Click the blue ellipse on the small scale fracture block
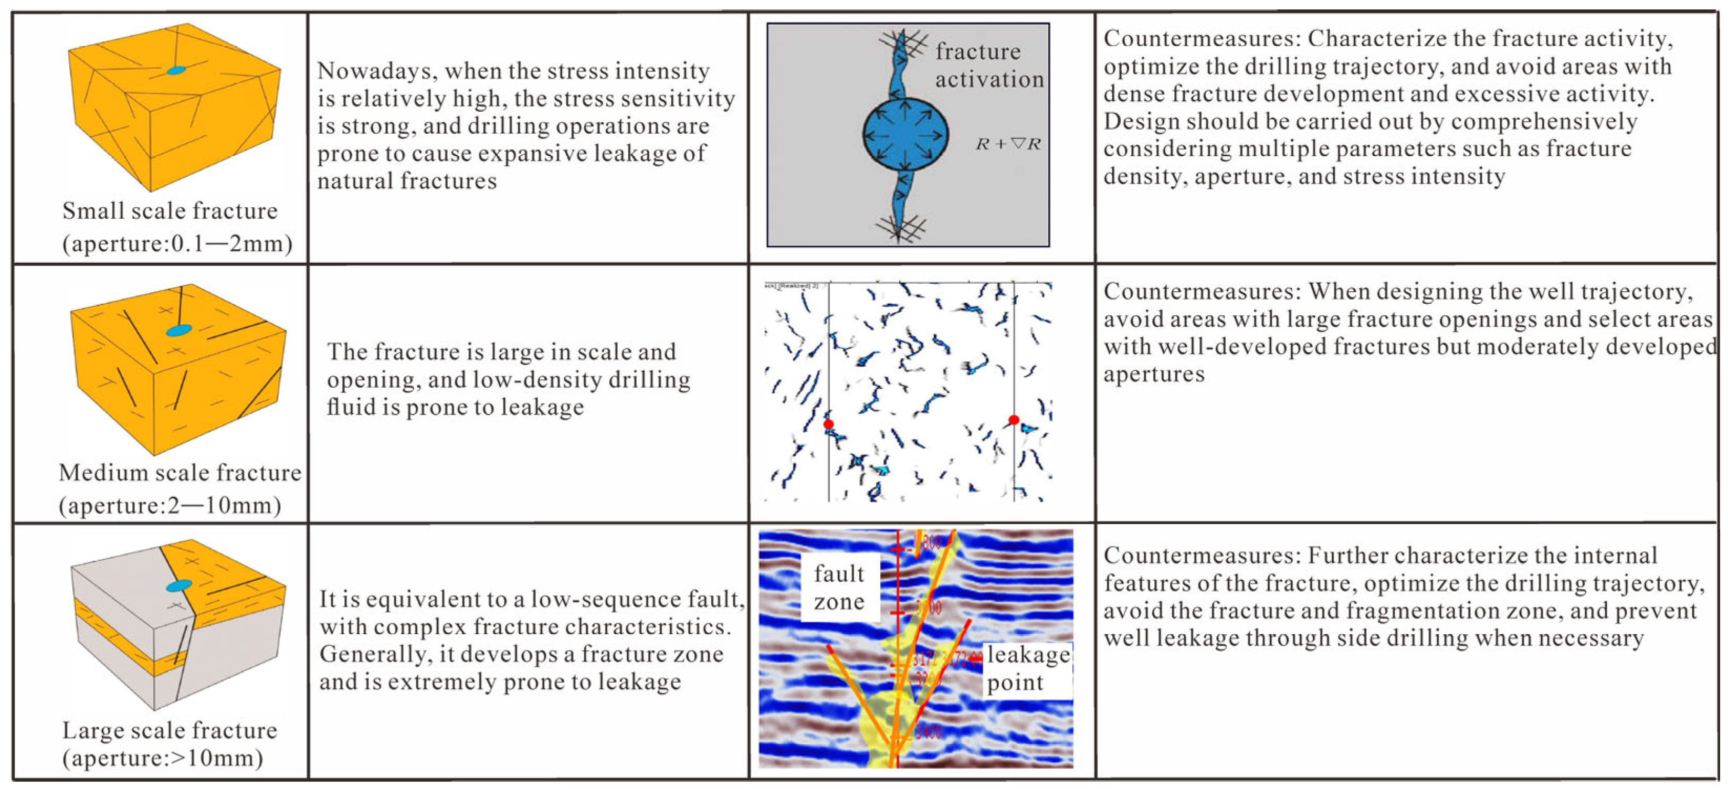point(176,70)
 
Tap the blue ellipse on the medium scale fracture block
point(179,330)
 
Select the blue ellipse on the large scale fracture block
point(178,586)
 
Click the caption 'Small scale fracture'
point(170,211)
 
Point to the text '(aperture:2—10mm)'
point(170,505)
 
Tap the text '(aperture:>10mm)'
point(162,758)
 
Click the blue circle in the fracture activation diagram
point(905,135)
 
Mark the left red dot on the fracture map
point(828,424)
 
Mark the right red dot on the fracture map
point(1014,420)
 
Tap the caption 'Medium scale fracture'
point(180,473)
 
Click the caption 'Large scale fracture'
point(169,731)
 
